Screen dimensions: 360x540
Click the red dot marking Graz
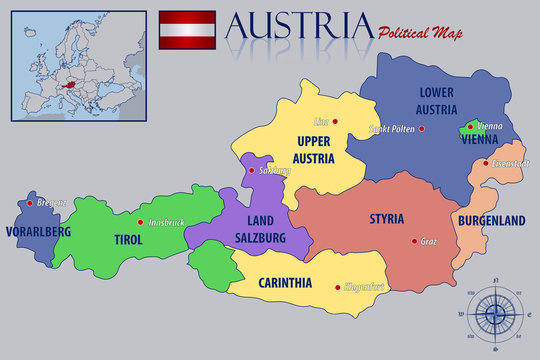(x=414, y=240)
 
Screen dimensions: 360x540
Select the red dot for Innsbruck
(x=141, y=222)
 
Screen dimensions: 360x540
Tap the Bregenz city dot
(x=30, y=203)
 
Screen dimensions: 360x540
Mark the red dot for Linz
(x=336, y=122)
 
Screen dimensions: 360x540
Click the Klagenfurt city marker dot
(x=337, y=286)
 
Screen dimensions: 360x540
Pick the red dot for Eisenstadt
(x=486, y=163)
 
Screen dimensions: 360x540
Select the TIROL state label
(x=128, y=240)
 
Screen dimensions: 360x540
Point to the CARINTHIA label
(x=285, y=282)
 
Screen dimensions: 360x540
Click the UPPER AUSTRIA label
(x=313, y=148)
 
